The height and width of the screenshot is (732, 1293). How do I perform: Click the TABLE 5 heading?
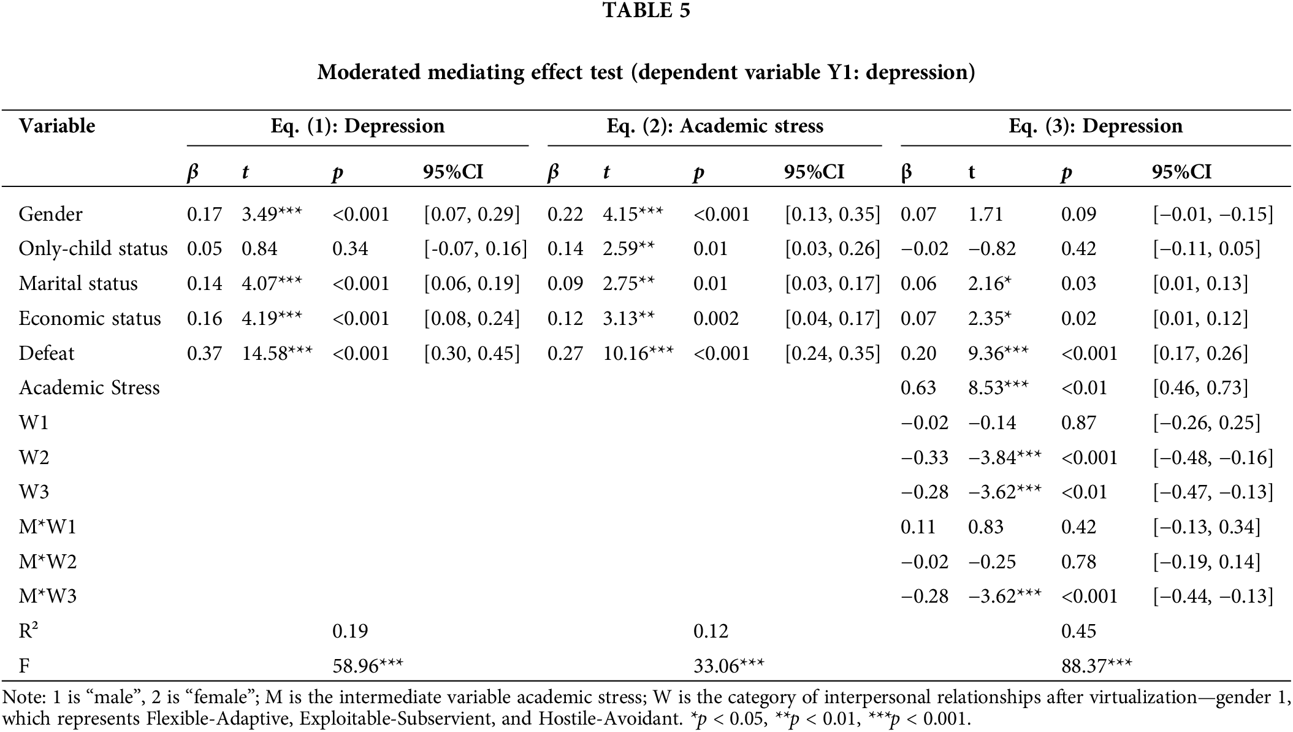646,10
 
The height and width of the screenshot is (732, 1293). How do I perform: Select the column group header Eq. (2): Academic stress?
714,126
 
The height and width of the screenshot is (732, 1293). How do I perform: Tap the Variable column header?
57,126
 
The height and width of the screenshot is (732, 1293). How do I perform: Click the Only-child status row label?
93,248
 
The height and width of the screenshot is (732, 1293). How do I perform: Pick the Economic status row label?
90,318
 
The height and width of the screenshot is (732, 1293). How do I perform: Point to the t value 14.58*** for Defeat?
277,353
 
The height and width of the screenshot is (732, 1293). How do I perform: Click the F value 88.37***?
1096,666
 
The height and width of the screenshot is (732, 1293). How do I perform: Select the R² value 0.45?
1078,631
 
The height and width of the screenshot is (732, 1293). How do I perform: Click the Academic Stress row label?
90,387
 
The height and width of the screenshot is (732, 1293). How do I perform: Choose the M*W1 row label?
48,527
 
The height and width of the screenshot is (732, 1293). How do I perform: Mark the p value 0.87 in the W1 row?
1078,422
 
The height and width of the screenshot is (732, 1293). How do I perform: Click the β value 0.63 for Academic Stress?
918,387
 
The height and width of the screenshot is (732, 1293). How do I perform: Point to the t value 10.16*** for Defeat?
638,353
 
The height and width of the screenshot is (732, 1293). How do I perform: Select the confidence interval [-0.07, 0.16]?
475,248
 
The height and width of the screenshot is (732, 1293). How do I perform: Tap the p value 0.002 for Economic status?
715,318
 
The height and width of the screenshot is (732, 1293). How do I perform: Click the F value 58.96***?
367,666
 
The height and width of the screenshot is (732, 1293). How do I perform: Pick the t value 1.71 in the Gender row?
985,214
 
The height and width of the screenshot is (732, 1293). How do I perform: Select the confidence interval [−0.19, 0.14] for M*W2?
1206,562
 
